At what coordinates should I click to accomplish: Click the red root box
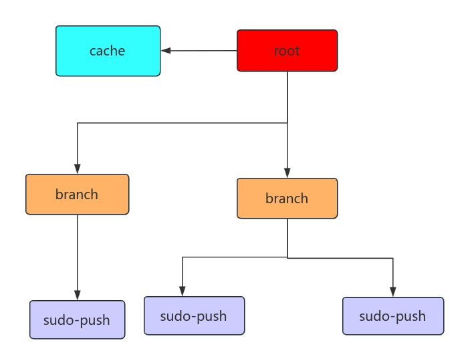coord(287,50)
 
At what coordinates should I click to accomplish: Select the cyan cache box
coord(108,51)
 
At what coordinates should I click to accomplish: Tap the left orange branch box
coord(77,195)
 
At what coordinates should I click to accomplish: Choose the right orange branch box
coord(287,198)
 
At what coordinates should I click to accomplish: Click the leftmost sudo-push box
coord(78,320)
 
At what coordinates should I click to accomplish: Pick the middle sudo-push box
coord(195,316)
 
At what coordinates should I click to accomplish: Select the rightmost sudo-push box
coord(393,316)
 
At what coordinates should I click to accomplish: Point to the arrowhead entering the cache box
coord(166,50)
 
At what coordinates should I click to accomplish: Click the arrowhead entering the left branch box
coord(78,169)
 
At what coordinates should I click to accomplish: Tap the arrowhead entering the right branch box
coord(287,173)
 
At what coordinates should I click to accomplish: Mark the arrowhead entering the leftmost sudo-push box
coord(78,295)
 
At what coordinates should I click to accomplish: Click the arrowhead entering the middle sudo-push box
coord(183,291)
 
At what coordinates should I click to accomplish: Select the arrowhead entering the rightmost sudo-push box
coord(392,292)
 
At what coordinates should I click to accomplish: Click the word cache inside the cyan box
coord(108,51)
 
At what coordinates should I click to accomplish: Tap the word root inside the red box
coord(287,51)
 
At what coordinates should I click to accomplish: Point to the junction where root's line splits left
coord(287,123)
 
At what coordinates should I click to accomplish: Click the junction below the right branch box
coord(287,257)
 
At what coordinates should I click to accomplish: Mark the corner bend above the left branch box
coord(78,123)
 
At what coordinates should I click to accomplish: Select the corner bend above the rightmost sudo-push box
coord(392,258)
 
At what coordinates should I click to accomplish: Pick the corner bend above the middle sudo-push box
coord(183,257)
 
